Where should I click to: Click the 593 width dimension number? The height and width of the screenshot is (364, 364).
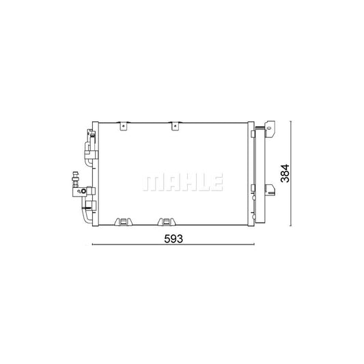pyautogui.click(x=173, y=238)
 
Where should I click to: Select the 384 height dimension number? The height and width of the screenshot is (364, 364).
pyautogui.click(x=285, y=173)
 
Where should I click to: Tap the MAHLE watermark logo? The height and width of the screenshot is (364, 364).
pyautogui.click(x=183, y=183)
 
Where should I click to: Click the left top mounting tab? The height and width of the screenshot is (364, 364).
pyautogui.click(x=124, y=126)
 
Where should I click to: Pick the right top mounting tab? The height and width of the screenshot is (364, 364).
pyautogui.click(x=175, y=126)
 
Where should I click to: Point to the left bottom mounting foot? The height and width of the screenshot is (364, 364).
pyautogui.click(x=124, y=222)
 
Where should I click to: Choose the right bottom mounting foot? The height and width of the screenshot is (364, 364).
pyautogui.click(x=167, y=222)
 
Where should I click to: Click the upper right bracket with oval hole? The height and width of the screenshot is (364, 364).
pyautogui.click(x=270, y=129)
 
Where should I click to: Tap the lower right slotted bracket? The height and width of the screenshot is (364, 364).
pyautogui.click(x=270, y=190)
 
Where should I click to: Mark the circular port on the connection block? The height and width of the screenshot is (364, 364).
pyautogui.click(x=83, y=191)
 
